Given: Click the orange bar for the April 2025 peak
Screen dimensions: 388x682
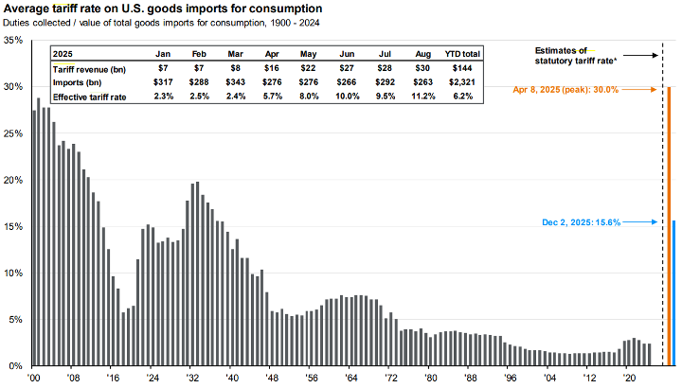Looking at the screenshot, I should [x=669, y=227].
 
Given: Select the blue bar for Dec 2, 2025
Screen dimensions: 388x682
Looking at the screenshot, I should [x=674, y=293].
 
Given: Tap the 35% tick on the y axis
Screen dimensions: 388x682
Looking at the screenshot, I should [x=13, y=41].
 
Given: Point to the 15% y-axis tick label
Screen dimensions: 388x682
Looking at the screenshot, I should [x=13, y=227].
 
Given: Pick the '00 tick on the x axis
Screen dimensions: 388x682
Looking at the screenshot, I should [x=34, y=375].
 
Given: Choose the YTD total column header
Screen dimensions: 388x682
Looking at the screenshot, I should [x=461, y=55].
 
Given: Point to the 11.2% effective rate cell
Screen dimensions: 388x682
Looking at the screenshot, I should [x=423, y=96].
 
